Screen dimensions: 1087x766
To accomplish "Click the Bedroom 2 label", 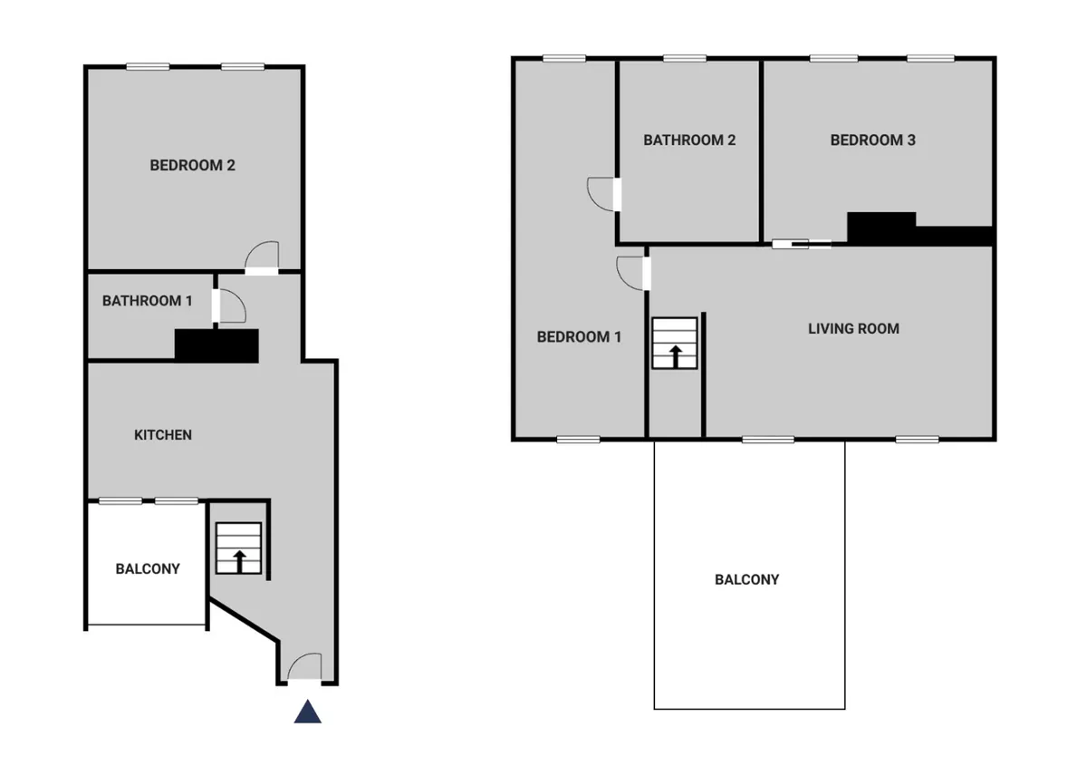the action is tap(192, 165).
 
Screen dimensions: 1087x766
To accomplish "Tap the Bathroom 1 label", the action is tap(147, 301).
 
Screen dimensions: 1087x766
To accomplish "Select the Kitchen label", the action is tap(162, 435).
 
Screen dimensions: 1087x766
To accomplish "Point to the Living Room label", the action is tap(853, 329).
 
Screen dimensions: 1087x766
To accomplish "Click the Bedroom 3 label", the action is tap(872, 140).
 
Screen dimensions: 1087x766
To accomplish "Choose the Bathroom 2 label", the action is tap(689, 140).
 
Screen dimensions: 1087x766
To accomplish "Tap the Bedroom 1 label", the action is tap(579, 336).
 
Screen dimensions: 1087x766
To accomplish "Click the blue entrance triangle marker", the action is tap(308, 712).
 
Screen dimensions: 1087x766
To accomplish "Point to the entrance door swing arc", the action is tap(296, 659).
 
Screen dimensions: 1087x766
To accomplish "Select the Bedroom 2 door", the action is tap(262, 257).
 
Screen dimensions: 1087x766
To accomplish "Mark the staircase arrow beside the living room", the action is tap(676, 356).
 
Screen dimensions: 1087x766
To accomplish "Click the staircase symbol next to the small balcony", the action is tap(238, 548).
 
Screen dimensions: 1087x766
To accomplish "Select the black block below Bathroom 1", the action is tap(216, 346).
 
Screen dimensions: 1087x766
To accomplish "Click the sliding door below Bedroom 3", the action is tap(802, 245).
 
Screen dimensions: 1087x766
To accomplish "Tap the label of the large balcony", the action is tap(746, 579).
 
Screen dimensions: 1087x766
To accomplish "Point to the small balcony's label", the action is tap(148, 568).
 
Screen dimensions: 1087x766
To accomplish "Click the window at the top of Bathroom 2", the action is tap(685, 58).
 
